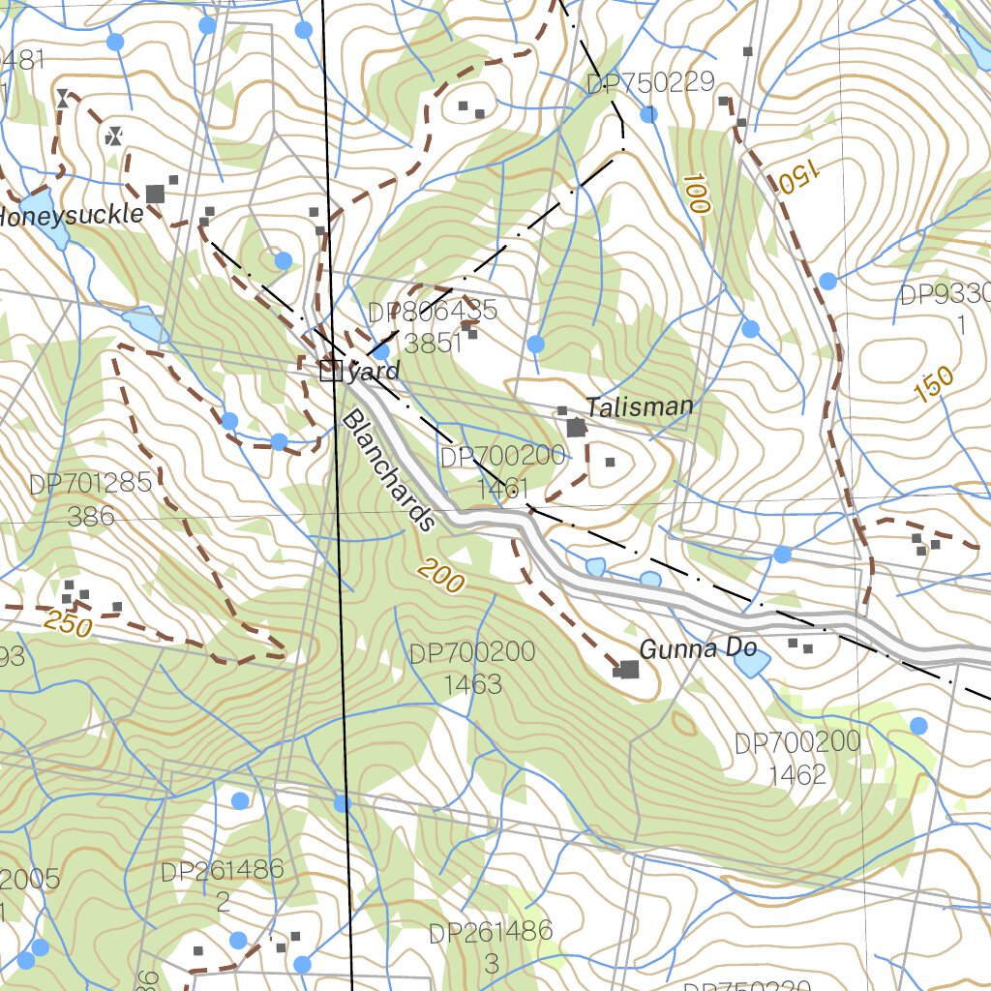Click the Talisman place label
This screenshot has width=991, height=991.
pyautogui.click(x=639, y=406)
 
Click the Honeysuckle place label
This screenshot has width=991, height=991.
pyautogui.click(x=70, y=215)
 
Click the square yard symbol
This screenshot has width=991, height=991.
pyautogui.click(x=331, y=369)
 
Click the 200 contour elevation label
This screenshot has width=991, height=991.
pyautogui.click(x=442, y=578)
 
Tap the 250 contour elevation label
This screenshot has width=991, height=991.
pyautogui.click(x=69, y=625)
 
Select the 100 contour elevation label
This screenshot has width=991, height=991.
pyautogui.click(x=695, y=193)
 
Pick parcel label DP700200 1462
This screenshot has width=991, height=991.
pyautogui.click(x=797, y=758)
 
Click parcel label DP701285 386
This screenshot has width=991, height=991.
pyautogui.click(x=91, y=498)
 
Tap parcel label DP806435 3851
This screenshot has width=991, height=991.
pyautogui.click(x=433, y=326)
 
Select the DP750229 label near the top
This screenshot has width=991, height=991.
pyautogui.click(x=650, y=83)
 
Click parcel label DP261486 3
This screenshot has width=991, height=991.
pyautogui.click(x=491, y=947)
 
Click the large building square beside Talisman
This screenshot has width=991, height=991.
pyautogui.click(x=577, y=428)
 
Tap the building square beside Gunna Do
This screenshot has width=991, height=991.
pyautogui.click(x=629, y=670)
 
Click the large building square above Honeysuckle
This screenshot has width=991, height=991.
pyautogui.click(x=155, y=194)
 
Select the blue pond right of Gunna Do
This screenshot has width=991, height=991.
pyautogui.click(x=751, y=663)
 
